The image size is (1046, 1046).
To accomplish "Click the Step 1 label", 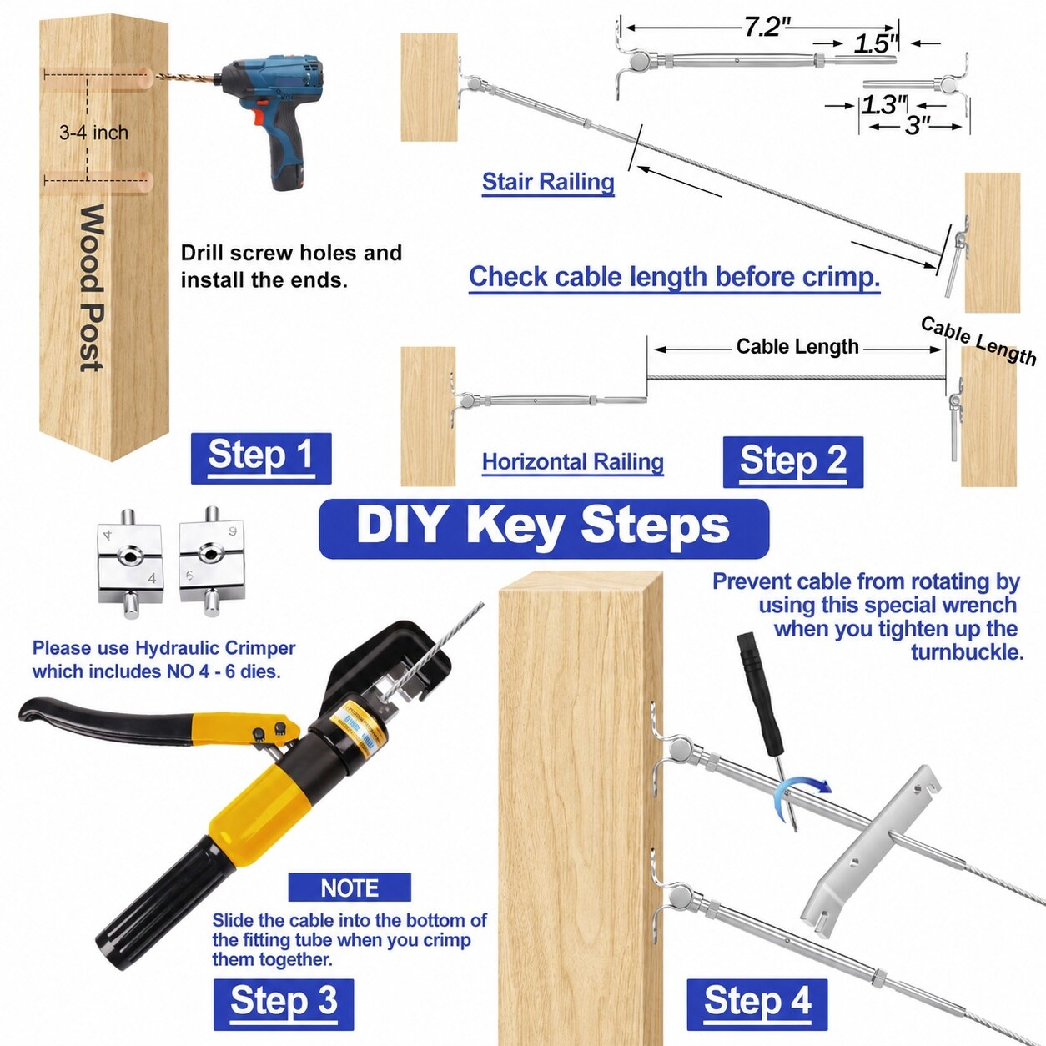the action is (261, 458).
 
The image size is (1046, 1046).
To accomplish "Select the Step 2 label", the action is (793, 462).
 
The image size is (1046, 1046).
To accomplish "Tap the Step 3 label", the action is (284, 1000).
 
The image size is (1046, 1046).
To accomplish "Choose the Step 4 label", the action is (757, 1000).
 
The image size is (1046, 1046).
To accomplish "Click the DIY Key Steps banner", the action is (544, 529).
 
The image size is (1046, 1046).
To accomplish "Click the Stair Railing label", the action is (548, 182).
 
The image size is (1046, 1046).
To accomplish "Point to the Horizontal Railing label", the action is (573, 462).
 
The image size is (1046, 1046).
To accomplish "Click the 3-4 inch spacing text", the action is (94, 133).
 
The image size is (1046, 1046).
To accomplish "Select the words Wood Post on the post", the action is (91, 289).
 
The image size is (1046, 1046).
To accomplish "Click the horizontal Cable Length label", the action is (797, 346).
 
